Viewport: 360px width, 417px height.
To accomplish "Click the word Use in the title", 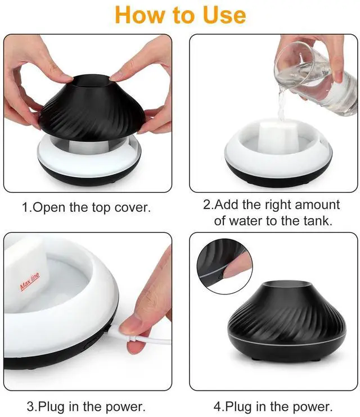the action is pos(224,15).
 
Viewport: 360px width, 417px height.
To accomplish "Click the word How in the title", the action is pos(141,15).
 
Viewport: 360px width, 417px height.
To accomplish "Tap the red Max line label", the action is pos(30,281).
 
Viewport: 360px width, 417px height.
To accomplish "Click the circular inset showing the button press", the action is pos(225,266).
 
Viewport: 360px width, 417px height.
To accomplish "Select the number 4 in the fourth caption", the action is pos(218,407).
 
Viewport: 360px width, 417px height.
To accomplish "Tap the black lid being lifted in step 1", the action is pos(92,105).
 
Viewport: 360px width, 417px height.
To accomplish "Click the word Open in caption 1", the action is pos(50,208).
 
